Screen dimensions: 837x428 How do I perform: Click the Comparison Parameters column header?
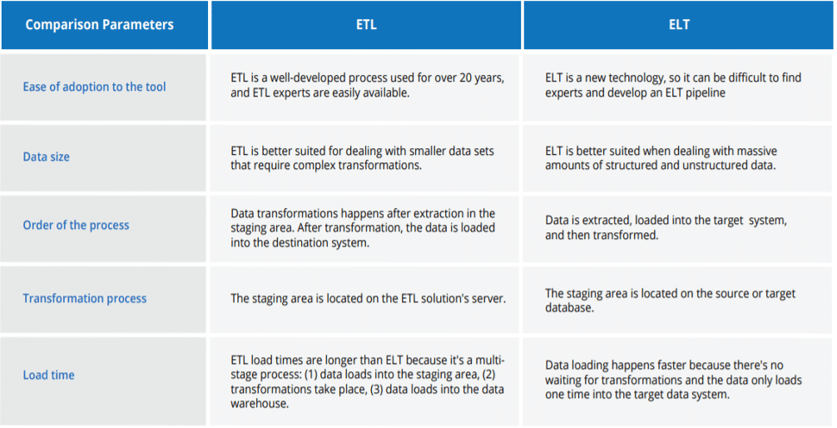coord(99,25)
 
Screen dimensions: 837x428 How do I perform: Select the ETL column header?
coord(366,25)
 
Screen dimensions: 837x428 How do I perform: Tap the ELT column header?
coord(679,25)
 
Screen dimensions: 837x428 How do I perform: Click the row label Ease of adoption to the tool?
coord(94,87)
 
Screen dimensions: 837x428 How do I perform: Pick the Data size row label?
coord(46,157)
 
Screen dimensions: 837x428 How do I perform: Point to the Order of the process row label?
coord(76,225)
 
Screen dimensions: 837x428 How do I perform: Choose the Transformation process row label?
coord(84,298)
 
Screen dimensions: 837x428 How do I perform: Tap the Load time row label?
coord(48,375)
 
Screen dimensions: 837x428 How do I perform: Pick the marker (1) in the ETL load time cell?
coord(311,375)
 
